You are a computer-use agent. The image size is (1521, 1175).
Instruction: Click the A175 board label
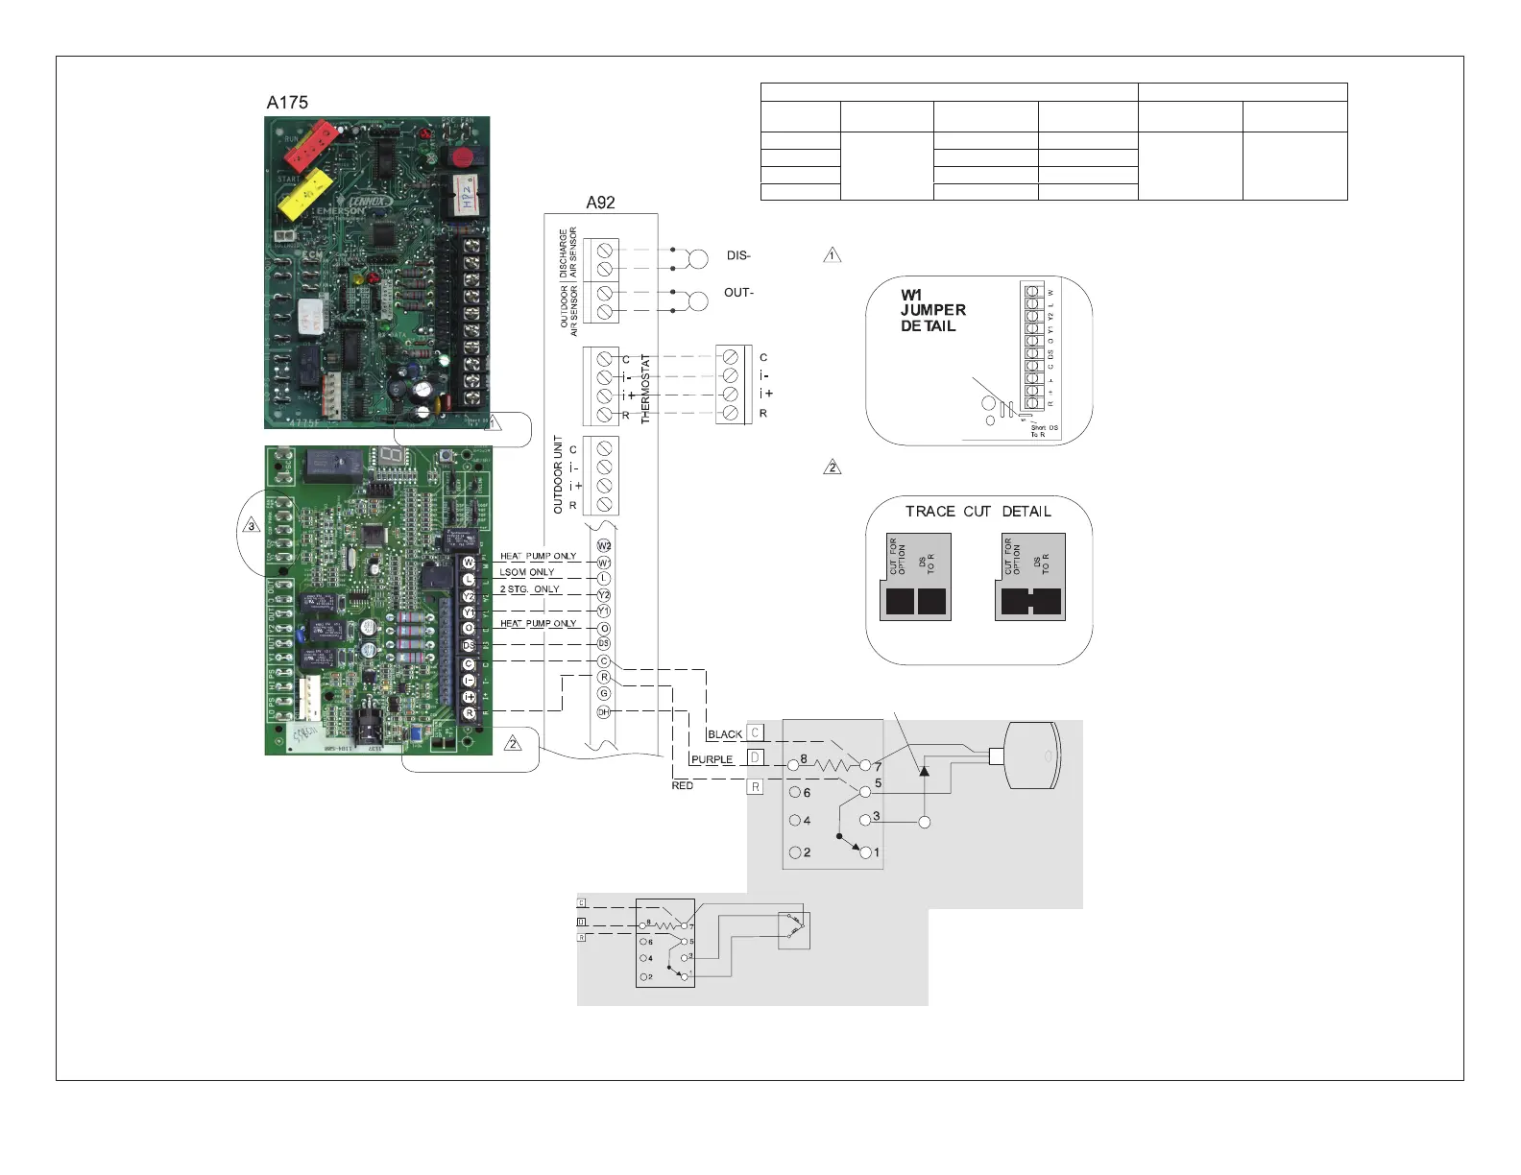(287, 103)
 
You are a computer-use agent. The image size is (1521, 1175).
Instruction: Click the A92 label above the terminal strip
(600, 203)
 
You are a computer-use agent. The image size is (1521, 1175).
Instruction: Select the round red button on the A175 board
(464, 156)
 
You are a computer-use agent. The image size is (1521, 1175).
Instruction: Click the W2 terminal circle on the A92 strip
(604, 546)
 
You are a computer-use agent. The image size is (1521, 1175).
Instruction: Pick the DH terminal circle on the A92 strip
(604, 711)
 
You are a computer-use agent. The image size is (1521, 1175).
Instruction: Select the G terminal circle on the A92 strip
(604, 693)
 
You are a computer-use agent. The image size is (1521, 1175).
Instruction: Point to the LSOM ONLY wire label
(526, 572)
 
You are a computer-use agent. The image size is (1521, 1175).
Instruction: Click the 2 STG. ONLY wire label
(529, 589)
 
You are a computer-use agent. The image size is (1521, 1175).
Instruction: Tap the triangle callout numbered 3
(251, 526)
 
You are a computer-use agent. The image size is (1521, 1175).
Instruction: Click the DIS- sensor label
(738, 256)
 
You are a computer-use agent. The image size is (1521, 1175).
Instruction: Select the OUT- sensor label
(738, 293)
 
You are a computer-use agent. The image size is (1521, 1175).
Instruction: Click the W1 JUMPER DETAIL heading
(932, 310)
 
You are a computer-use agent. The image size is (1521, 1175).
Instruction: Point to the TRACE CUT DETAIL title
(978, 512)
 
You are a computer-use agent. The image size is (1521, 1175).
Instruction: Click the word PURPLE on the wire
(712, 759)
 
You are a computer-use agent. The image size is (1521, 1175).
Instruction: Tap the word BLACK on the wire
(725, 734)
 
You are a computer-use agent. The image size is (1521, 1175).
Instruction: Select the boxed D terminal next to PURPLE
(755, 758)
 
